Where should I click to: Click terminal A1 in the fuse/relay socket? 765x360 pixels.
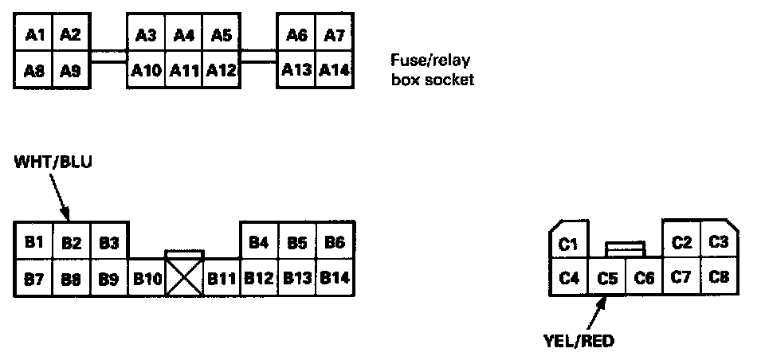point(33,34)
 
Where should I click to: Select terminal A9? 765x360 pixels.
point(71,70)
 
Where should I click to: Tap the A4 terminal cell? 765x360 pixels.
point(184,34)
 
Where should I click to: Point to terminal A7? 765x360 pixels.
point(334,34)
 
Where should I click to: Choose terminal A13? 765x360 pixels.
point(296,70)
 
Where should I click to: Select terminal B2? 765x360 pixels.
point(72,242)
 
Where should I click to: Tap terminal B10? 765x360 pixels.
point(147,279)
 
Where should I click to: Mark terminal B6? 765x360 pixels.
point(335,242)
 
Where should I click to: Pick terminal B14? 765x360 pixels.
point(335,279)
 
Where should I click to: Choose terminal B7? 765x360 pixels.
point(33,279)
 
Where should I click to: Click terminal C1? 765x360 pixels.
point(568,244)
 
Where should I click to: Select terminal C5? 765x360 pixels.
point(607,278)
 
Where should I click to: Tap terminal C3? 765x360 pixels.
point(719,241)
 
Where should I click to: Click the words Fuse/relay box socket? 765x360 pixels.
point(432,69)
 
